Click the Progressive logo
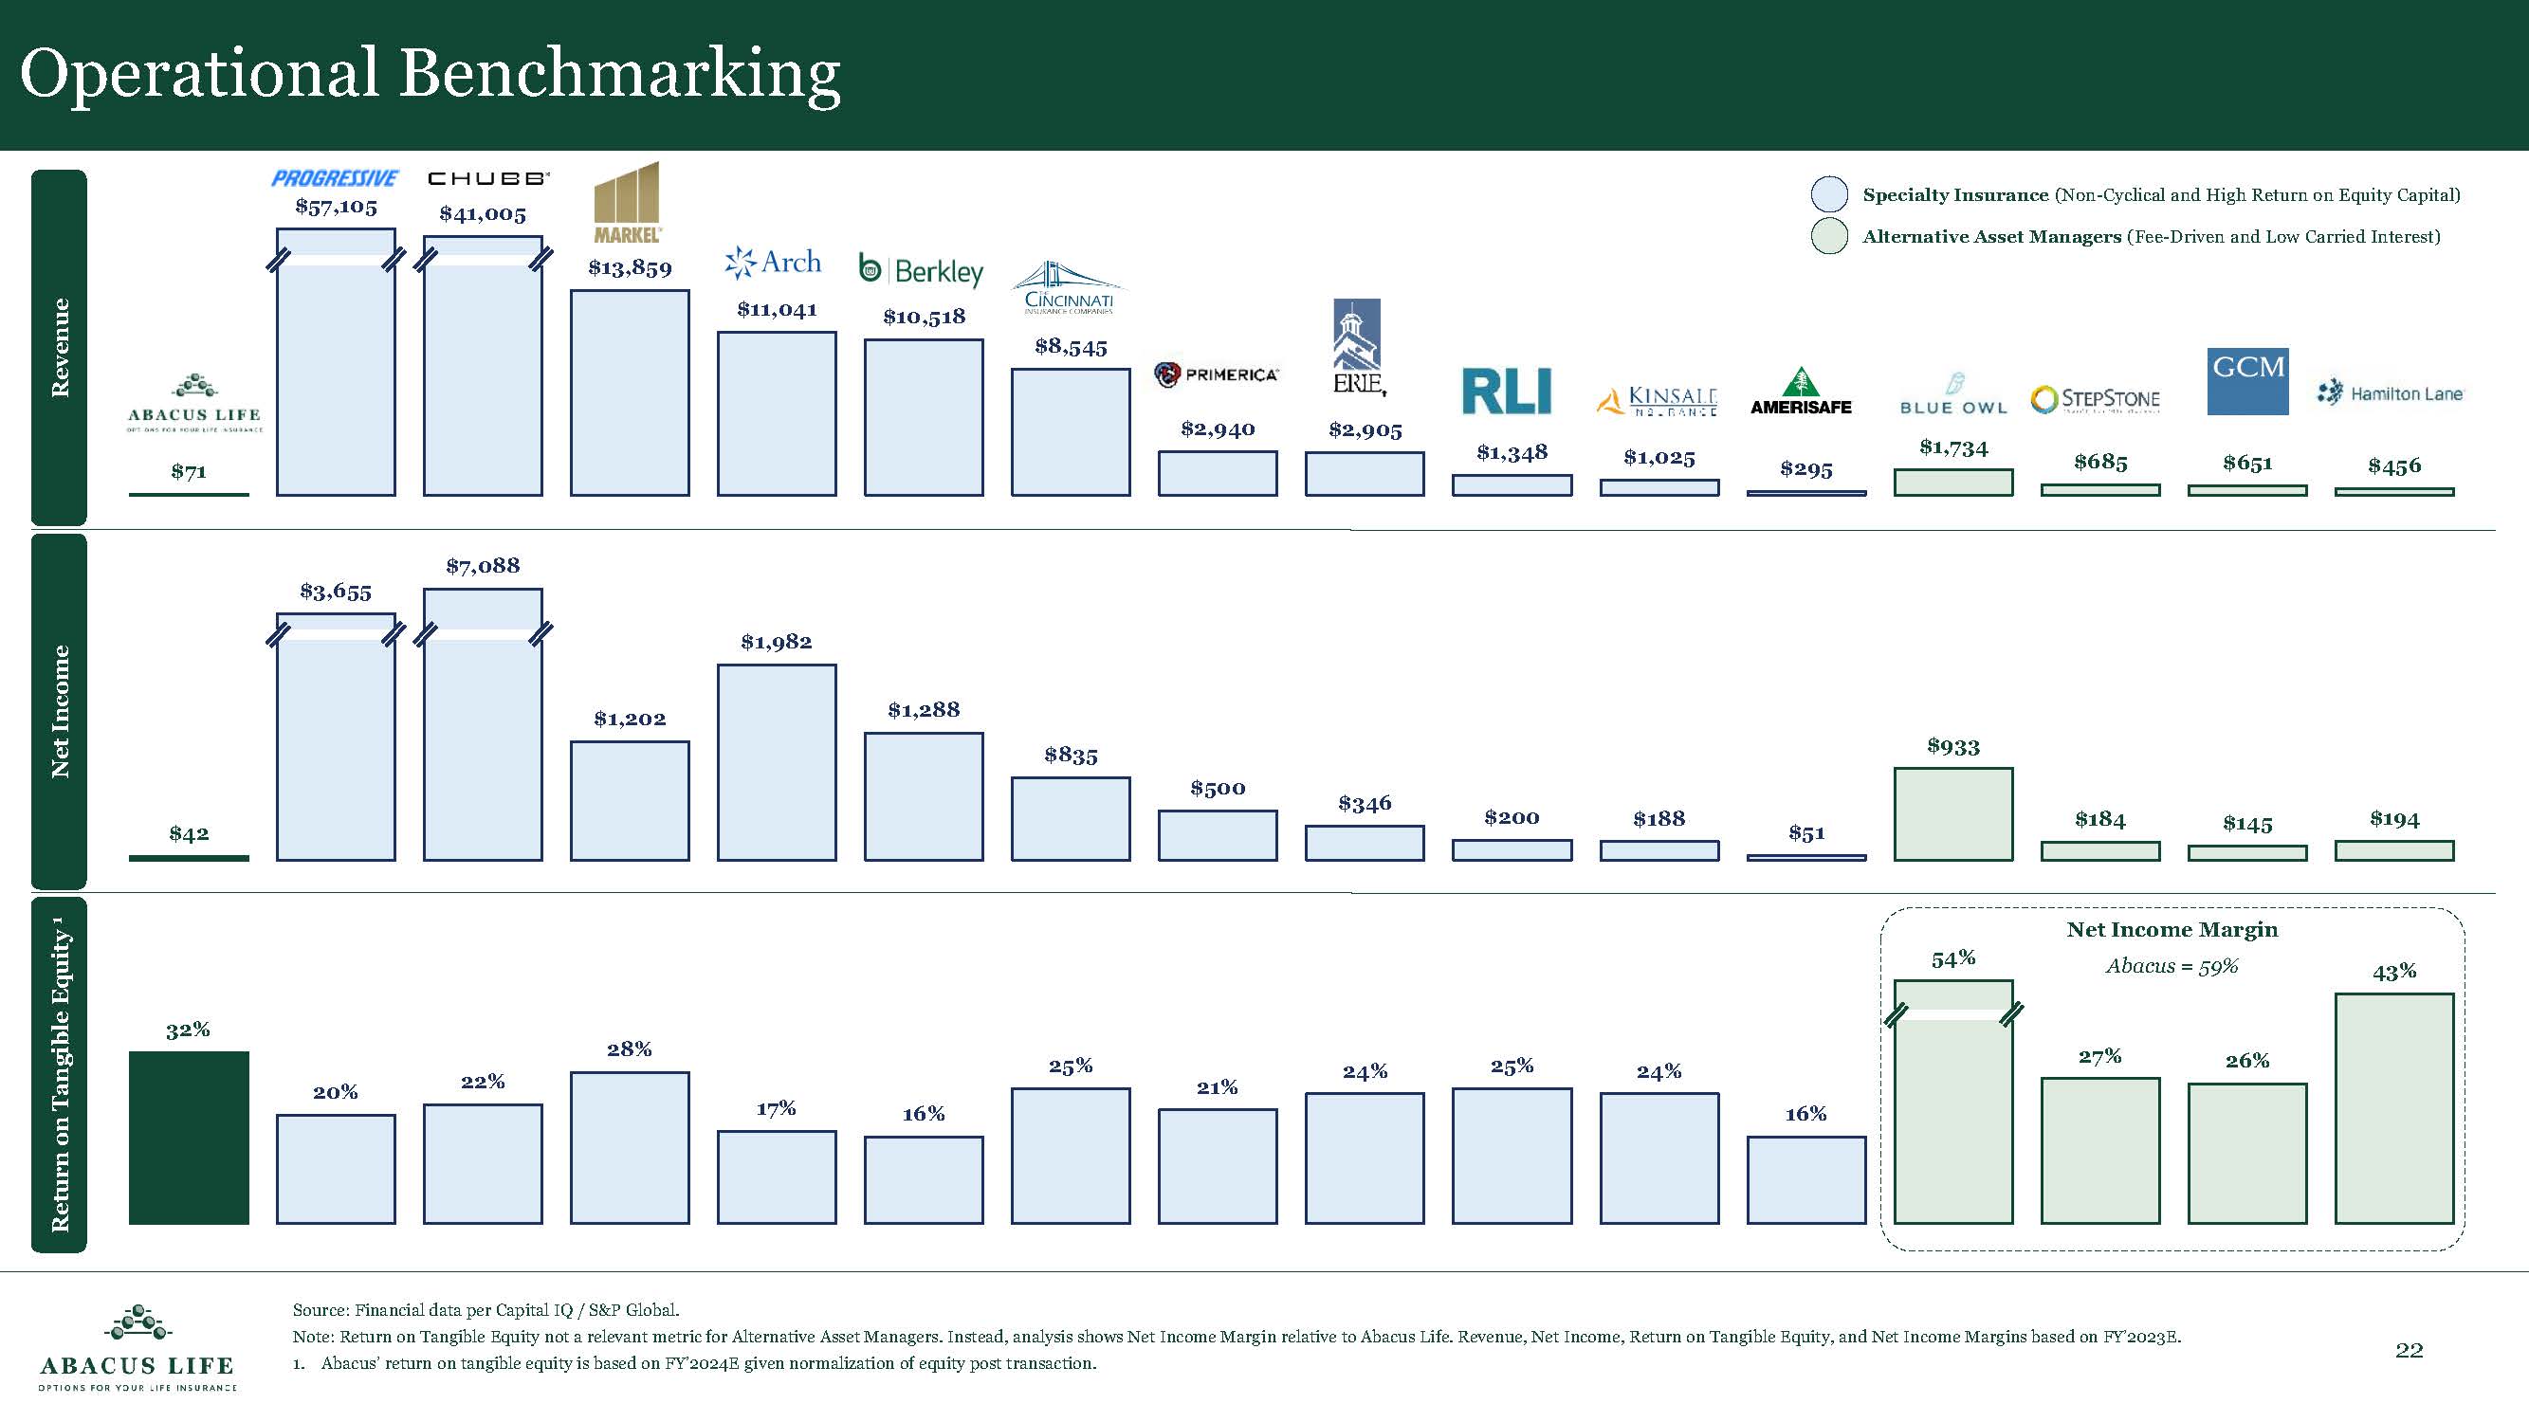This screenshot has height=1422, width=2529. [335, 178]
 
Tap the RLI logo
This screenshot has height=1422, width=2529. [1506, 392]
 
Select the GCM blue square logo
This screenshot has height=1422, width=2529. [2247, 381]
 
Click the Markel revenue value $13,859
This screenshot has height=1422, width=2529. [630, 268]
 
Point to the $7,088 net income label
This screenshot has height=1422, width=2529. [482, 565]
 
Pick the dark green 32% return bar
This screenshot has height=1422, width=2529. [189, 1138]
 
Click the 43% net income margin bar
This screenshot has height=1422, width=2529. [2393, 1108]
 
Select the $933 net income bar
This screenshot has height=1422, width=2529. [1952, 814]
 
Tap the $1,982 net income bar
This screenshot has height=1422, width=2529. [777, 762]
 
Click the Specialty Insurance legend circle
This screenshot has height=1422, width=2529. [1829, 194]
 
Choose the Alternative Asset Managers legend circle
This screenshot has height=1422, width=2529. [1829, 236]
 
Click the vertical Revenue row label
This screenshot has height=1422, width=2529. [60, 347]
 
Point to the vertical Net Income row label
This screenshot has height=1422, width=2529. [60, 712]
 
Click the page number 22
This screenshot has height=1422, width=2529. [2409, 1350]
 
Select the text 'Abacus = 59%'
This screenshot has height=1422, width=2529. [2172, 966]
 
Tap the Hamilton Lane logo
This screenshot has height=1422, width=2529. [2390, 393]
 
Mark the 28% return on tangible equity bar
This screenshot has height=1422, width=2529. [630, 1147]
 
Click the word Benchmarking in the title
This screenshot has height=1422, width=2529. [619, 74]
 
